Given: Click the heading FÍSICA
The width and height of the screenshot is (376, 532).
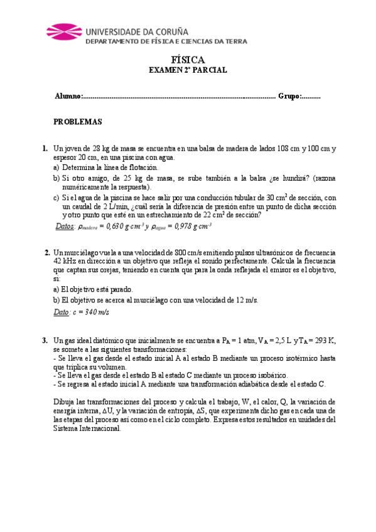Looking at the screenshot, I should tap(188, 60).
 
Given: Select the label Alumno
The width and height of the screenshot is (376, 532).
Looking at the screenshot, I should tap(68, 96).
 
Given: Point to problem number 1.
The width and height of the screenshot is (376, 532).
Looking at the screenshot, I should tap(45, 149).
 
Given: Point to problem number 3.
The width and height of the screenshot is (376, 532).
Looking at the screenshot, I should tap(45, 341).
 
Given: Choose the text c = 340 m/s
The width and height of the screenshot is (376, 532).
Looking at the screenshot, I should tap(90, 312).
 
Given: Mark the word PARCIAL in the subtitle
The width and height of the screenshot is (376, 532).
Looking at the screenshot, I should tap(211, 72).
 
